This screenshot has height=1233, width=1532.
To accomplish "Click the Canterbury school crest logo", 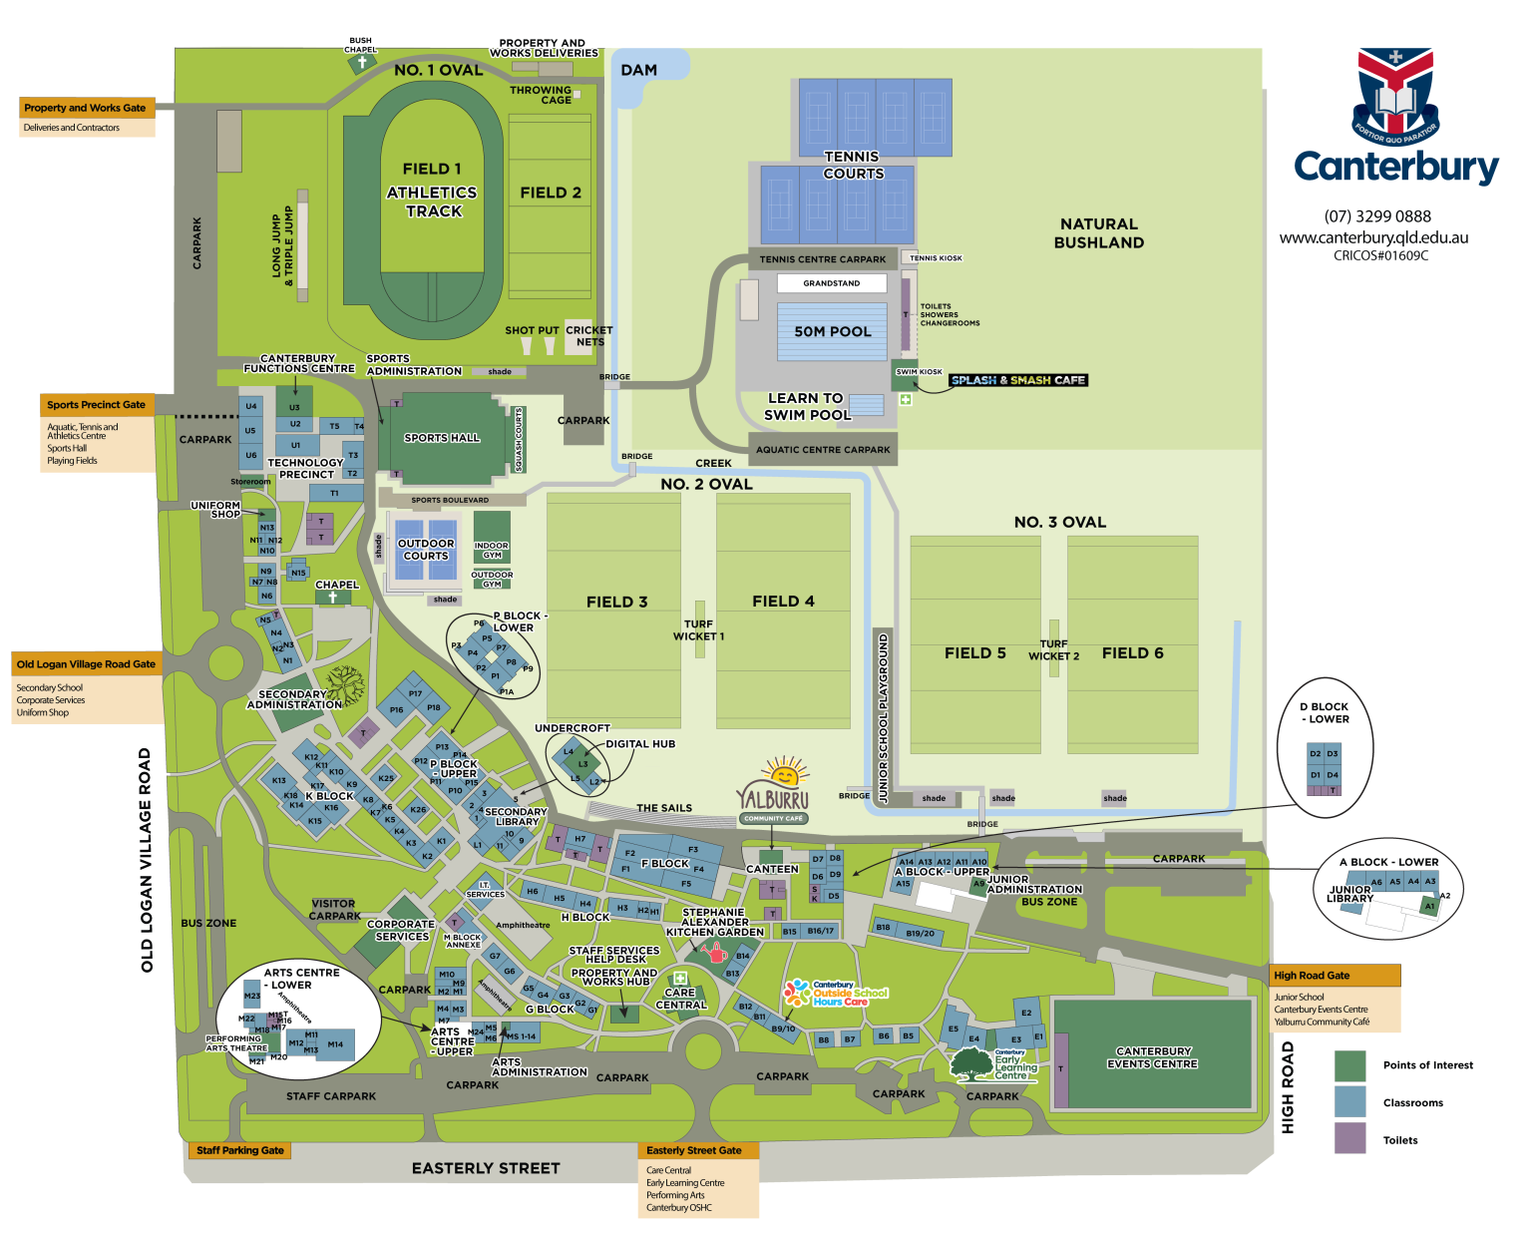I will pyautogui.click(x=1395, y=95).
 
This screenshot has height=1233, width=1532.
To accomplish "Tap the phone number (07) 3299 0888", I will pyautogui.click(x=1377, y=216).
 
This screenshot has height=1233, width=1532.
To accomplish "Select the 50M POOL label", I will pyautogui.click(x=833, y=331).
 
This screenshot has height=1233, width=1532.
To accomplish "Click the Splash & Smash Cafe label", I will pyautogui.click(x=1017, y=380).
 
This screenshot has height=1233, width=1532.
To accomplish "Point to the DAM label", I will pyautogui.click(x=638, y=70).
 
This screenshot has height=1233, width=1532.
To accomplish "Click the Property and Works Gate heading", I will pyautogui.click(x=86, y=108).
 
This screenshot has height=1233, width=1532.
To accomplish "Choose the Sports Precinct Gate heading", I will pyautogui.click(x=97, y=405).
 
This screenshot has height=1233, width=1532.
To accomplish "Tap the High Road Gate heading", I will pyautogui.click(x=1313, y=976).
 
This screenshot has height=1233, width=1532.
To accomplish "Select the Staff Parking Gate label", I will pyautogui.click(x=240, y=1150).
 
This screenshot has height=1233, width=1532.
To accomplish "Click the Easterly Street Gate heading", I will pyautogui.click(x=695, y=1150).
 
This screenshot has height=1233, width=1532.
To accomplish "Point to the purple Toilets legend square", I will pyautogui.click(x=1349, y=1138).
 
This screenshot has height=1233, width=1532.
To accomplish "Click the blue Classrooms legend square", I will pyautogui.click(x=1349, y=1101).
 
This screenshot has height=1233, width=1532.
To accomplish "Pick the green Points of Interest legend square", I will pyautogui.click(x=1349, y=1065).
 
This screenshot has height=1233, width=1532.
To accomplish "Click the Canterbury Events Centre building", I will pyautogui.click(x=1153, y=1056).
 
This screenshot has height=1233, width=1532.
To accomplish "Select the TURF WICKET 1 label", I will pyautogui.click(x=698, y=630).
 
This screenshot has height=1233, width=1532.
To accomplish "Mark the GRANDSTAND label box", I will pyautogui.click(x=832, y=283).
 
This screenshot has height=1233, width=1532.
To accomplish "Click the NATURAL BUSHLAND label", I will pyautogui.click(x=1099, y=233).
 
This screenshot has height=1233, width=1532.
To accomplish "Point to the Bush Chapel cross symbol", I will pyautogui.click(x=362, y=63).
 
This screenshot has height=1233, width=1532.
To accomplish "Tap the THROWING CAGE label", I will pyautogui.click(x=542, y=95).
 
